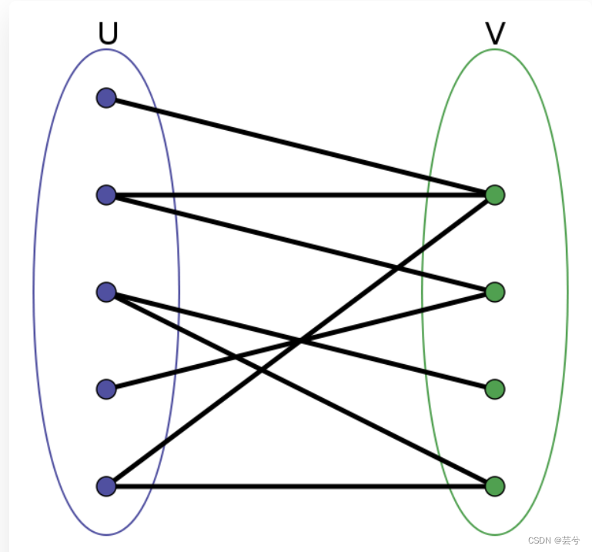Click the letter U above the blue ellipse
[x=108, y=33]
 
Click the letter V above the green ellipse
[x=495, y=33]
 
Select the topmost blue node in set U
[x=106, y=98]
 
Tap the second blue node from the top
[x=106, y=195]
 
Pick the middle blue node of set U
[x=106, y=292]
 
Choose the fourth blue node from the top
[x=106, y=389]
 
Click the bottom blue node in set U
[x=106, y=486]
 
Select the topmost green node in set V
[x=495, y=195]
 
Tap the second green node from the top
[x=495, y=292]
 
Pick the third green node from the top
[x=495, y=389]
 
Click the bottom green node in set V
[x=495, y=486]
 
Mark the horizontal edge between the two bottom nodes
[x=300, y=486]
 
